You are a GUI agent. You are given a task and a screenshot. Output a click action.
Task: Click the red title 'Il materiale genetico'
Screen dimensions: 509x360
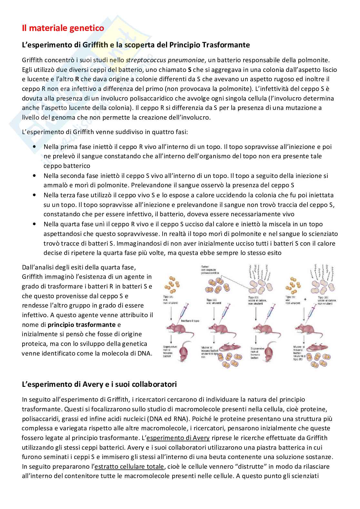pyautogui.click(x=63, y=28)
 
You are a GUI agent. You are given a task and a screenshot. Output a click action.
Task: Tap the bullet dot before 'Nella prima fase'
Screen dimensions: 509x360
pyautogui.click(x=35, y=147)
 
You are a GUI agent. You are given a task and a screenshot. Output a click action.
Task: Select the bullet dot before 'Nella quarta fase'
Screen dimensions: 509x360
pyautogui.click(x=35, y=224)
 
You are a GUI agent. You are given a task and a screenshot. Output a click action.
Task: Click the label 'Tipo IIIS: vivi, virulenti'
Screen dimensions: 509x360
pyautogui.click(x=212, y=301)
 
